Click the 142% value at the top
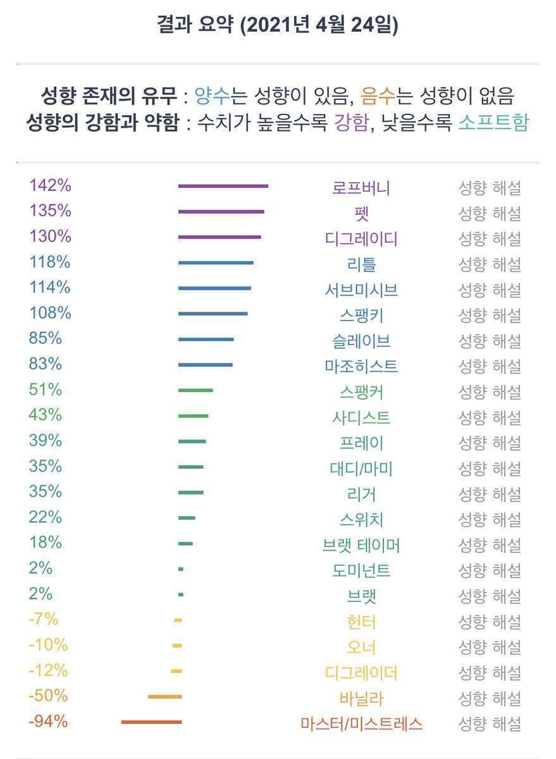(x=50, y=186)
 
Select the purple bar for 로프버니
(x=223, y=186)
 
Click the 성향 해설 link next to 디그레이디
(x=489, y=239)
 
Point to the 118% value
(x=49, y=262)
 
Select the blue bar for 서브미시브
(x=214, y=288)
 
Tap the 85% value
(x=45, y=338)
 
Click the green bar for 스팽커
(x=195, y=390)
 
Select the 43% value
(x=45, y=415)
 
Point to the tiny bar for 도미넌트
(x=181, y=569)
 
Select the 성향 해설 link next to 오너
(x=489, y=648)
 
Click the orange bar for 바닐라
(x=164, y=696)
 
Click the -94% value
(x=47, y=722)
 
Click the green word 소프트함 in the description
(x=503, y=122)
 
